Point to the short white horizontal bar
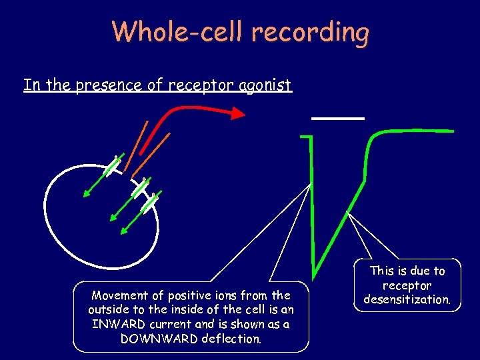pos(338,117)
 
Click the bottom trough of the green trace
pos(315,264)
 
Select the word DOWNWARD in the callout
pos(144,338)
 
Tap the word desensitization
pos(407,299)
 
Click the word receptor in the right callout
pos(407,285)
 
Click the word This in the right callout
pos(383,271)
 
